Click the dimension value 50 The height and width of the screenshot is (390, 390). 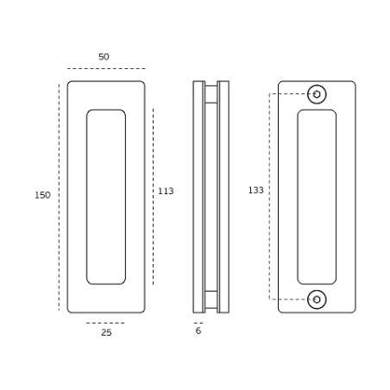pos(104,57)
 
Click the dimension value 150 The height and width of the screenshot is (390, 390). pos(42,196)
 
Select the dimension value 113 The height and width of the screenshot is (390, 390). pos(166,191)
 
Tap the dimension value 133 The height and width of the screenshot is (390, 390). pos(255,190)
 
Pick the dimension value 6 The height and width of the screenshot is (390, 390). pos(198,331)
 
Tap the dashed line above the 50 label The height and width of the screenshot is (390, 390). pos(106,68)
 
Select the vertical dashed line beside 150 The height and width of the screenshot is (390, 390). pos(60,197)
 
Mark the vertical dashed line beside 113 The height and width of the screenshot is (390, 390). pos(153,196)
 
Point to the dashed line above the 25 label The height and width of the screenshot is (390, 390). pos(105,322)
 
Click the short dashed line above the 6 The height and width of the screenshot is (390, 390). pos(198,322)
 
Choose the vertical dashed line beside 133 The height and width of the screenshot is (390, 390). pos(270,197)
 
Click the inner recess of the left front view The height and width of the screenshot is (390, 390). pos(106,197)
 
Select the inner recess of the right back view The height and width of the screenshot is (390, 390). pos(317,197)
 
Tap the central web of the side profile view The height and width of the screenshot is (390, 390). pos(211,197)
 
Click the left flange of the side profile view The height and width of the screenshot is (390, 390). pos(198,197)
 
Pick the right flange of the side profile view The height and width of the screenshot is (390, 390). pos(223,197)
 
